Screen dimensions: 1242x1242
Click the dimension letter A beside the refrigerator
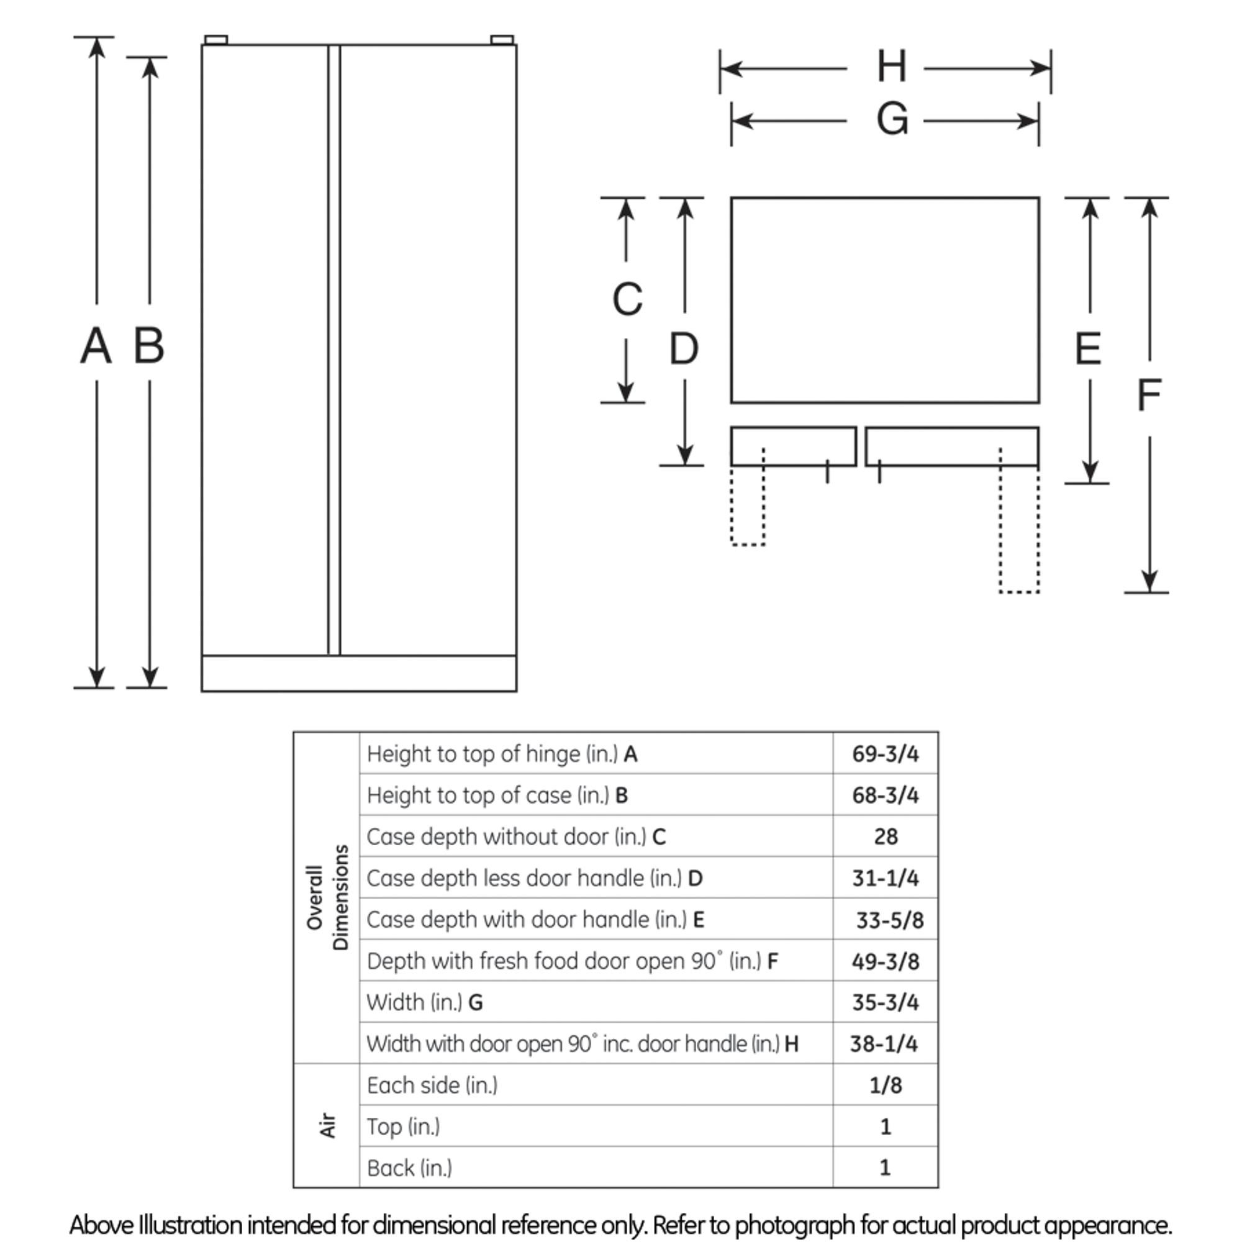(x=96, y=346)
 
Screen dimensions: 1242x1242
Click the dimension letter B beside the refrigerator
(x=148, y=346)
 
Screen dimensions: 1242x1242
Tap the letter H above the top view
(x=892, y=67)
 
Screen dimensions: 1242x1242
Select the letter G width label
(x=892, y=120)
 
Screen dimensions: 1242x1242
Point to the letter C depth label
(x=627, y=299)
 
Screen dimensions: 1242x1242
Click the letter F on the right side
(x=1149, y=396)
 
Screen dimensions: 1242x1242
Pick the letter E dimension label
(x=1088, y=349)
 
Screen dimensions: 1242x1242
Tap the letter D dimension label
(x=683, y=349)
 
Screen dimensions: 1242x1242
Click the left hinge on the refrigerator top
(x=216, y=40)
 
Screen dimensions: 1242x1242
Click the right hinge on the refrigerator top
(x=501, y=40)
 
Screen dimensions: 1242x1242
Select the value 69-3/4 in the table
(x=885, y=753)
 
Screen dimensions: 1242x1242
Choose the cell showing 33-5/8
(x=889, y=920)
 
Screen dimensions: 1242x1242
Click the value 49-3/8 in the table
(x=885, y=961)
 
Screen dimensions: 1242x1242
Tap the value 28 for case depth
(x=885, y=836)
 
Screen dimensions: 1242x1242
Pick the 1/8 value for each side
(x=885, y=1085)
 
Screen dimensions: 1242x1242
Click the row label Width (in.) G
(x=424, y=1002)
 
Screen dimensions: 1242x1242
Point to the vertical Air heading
(x=328, y=1126)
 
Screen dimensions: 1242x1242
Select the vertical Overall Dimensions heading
(x=327, y=897)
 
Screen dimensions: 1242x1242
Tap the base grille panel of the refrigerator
(x=359, y=674)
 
